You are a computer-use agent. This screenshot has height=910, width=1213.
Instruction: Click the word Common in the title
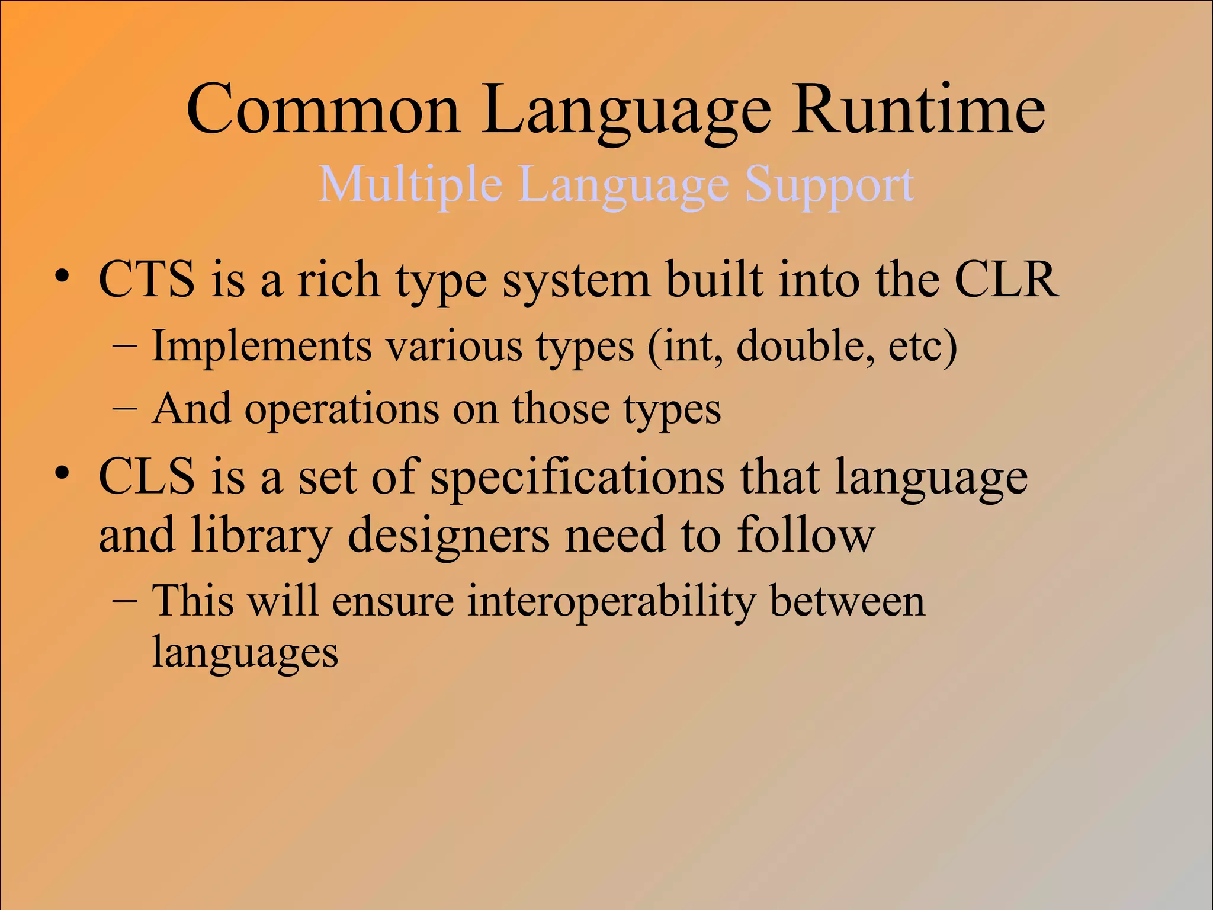click(x=323, y=110)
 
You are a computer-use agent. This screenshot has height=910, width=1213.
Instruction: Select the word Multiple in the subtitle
click(x=410, y=185)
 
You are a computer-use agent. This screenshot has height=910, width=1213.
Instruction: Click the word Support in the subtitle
click(x=829, y=185)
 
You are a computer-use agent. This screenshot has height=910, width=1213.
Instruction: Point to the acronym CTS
click(x=146, y=279)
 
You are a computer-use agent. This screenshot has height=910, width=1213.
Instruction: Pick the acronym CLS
click(x=146, y=477)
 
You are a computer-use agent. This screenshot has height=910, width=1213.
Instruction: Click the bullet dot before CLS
click(x=62, y=474)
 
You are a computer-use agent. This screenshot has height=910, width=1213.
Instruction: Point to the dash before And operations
click(x=125, y=409)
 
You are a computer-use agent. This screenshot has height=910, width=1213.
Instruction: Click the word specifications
click(x=576, y=477)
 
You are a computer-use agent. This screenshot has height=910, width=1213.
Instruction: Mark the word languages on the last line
click(x=245, y=653)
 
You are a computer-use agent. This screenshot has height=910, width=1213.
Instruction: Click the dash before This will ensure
click(x=125, y=601)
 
